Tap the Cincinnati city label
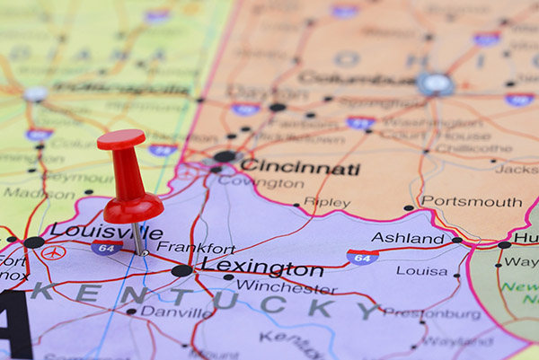(x=299, y=168)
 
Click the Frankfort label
(x=196, y=248)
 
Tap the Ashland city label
(x=408, y=238)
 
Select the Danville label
(x=176, y=312)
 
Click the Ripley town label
(x=327, y=203)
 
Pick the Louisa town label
(x=421, y=270)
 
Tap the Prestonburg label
(x=431, y=313)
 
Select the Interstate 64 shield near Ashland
(x=362, y=257)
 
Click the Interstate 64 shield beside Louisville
(x=106, y=248)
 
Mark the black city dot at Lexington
(x=181, y=270)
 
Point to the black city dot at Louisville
(x=33, y=242)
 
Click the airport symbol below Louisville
(x=53, y=253)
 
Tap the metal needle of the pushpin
(x=138, y=237)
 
